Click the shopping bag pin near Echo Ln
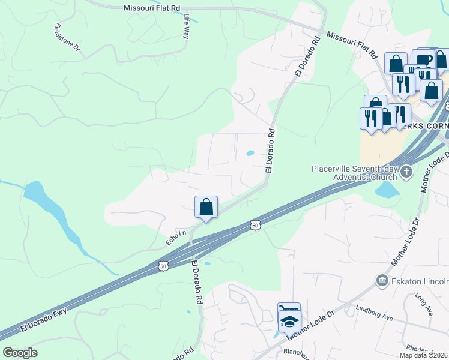pyautogui.click(x=206, y=207)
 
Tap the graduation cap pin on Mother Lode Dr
pyautogui.click(x=289, y=322)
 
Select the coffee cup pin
pyautogui.click(x=423, y=59)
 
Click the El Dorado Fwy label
pyautogui.click(x=43, y=320)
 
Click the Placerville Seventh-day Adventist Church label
pyautogui.click(x=354, y=173)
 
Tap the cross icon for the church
pyautogui.click(x=406, y=173)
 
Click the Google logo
pyautogui.click(x=20, y=353)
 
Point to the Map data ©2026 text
pyautogui.click(x=423, y=355)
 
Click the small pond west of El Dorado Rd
pyautogui.click(x=250, y=153)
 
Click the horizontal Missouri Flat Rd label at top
pyautogui.click(x=151, y=8)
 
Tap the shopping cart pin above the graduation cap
pyautogui.click(x=289, y=310)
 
